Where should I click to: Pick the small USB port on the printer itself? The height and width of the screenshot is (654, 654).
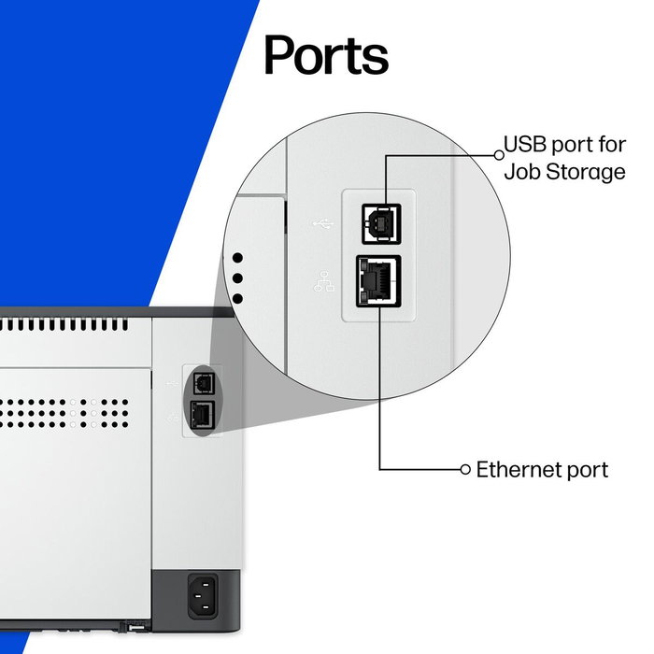pos(200,382)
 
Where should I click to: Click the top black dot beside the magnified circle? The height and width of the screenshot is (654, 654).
pos(237,258)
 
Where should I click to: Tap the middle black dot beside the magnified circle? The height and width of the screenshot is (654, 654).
pos(237,277)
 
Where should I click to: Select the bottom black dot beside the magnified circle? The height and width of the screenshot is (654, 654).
pos(237,298)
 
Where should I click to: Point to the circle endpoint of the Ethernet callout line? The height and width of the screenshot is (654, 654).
pos(465,469)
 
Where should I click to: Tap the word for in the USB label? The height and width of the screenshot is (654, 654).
pos(609,146)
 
